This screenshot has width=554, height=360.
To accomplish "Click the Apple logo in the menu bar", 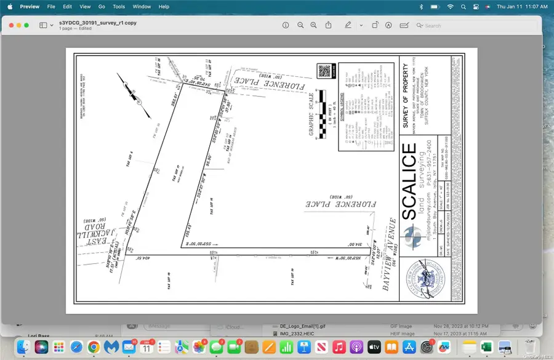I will [9, 6].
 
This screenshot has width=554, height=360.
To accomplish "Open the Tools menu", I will [119, 6].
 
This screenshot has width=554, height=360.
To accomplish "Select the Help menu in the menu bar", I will [164, 6].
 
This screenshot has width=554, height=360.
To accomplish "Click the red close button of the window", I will [10, 25].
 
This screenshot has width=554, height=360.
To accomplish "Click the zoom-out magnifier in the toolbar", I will [300, 25].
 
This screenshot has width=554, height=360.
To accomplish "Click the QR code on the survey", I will [324, 71].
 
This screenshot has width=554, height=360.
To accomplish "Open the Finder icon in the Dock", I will [24, 347].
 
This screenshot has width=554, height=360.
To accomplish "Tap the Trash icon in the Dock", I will [528, 347].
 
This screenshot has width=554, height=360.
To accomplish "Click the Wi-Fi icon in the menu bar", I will [450, 6].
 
